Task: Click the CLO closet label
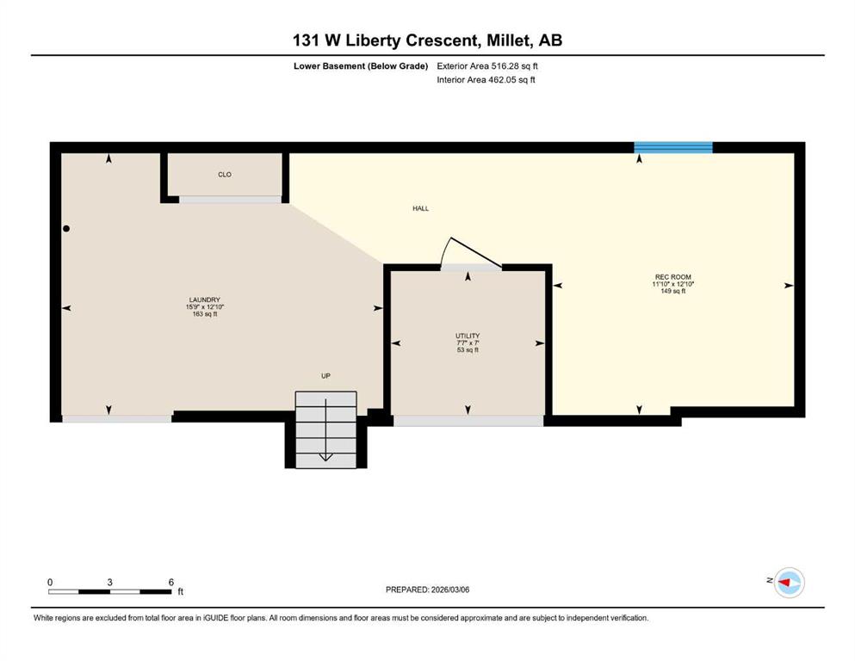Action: point(225,175)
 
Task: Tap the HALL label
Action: point(420,208)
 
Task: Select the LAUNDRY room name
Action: point(204,300)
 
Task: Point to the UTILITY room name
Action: point(468,336)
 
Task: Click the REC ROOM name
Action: point(672,277)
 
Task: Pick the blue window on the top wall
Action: point(672,147)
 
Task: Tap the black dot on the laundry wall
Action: point(66,229)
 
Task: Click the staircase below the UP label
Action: point(325,429)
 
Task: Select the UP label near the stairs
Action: point(325,376)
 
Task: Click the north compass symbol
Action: point(789,583)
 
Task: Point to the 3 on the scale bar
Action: point(109,582)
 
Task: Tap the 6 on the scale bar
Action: point(170,582)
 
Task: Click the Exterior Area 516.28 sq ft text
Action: point(487,66)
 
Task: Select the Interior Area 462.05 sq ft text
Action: point(486,79)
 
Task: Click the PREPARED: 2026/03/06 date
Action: point(427,590)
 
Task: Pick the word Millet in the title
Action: point(507,40)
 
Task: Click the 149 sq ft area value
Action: point(672,291)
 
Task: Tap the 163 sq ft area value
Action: point(204,314)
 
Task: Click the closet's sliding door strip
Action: point(230,200)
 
